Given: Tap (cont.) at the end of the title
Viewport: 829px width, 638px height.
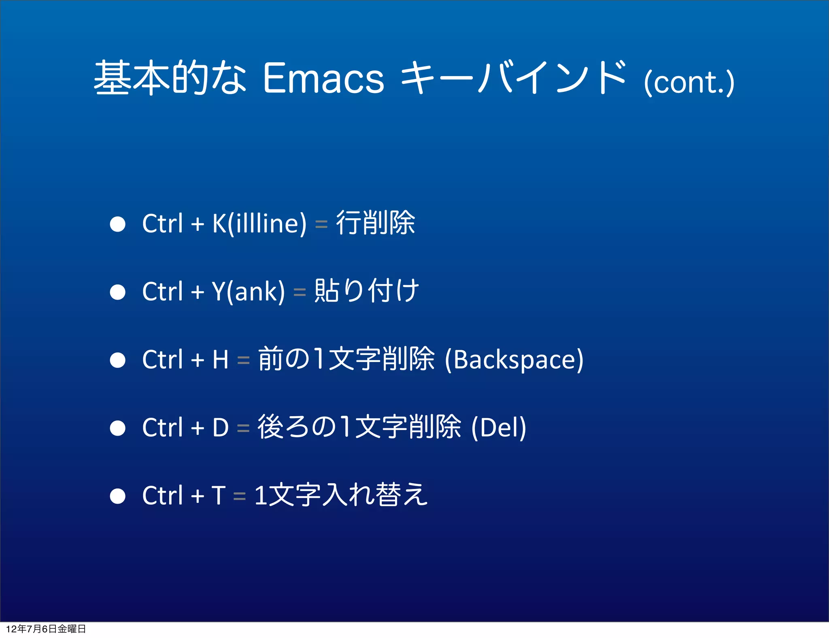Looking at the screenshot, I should click(689, 83).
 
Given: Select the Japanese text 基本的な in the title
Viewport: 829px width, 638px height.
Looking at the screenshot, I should click(170, 77).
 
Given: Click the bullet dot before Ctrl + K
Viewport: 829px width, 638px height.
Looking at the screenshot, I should click(118, 224).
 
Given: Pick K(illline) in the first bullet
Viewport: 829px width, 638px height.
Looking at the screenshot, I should click(259, 223).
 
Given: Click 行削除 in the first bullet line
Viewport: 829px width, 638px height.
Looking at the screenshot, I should click(375, 223).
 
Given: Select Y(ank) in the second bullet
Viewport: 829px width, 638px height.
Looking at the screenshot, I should click(248, 291).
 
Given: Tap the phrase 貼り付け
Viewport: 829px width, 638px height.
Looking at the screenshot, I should click(366, 291).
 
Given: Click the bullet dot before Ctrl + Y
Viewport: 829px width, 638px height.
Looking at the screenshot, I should click(118, 292).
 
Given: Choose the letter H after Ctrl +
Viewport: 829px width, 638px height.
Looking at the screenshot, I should click(221, 359).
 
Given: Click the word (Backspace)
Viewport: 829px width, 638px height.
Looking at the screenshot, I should click(514, 359).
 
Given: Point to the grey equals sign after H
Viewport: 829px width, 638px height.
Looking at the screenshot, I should click(243, 360).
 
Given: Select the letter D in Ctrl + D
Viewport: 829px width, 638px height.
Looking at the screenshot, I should click(221, 427).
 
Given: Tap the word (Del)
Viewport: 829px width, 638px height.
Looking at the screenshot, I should click(499, 427).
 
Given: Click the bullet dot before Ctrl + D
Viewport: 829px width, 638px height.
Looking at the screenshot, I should click(118, 428).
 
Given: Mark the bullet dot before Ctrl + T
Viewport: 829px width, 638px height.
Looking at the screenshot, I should click(118, 496).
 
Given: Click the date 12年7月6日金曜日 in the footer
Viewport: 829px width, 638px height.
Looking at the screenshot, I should click(46, 629).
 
